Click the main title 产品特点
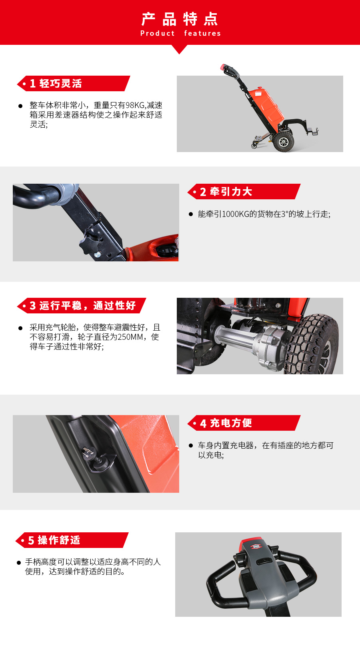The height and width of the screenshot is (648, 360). pyautogui.click(x=180, y=19)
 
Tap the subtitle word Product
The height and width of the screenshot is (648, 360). pyautogui.click(x=158, y=34)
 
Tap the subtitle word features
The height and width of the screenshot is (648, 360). pyautogui.click(x=202, y=34)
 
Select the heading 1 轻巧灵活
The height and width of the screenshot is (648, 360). pyautogui.click(x=56, y=84)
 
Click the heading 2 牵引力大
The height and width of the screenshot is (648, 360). pyautogui.click(x=226, y=192)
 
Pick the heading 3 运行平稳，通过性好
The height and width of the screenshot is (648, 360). pyautogui.click(x=83, y=306)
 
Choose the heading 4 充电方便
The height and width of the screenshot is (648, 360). pyautogui.click(x=226, y=423)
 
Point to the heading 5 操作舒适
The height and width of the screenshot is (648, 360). pyautogui.click(x=54, y=540)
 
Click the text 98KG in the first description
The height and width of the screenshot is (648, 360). pyautogui.click(x=135, y=105)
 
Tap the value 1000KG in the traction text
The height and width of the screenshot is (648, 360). pyautogui.click(x=235, y=214)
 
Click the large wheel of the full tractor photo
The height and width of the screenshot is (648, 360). pyautogui.click(x=283, y=142)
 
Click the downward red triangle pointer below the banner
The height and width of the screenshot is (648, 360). pyautogui.click(x=180, y=49)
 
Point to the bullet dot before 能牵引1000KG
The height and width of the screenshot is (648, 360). pyautogui.click(x=191, y=214)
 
